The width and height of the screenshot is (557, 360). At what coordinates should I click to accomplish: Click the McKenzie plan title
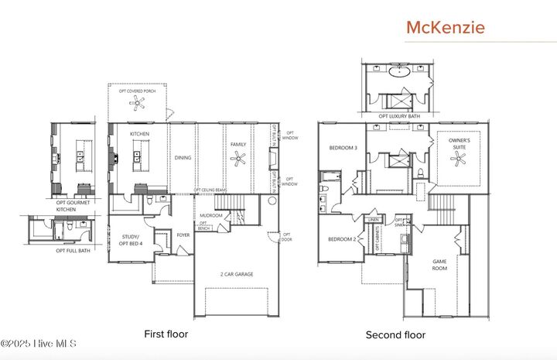point(446,27)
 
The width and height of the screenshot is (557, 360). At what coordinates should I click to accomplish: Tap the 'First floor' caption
point(166,334)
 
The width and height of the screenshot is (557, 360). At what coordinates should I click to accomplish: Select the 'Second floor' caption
point(395,335)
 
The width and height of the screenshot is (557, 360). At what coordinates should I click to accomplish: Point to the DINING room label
point(183,158)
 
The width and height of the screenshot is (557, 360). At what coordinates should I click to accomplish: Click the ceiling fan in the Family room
point(239,159)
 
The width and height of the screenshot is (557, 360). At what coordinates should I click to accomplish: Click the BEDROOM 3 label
point(343,148)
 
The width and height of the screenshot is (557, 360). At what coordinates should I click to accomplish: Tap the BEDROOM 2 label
point(341,239)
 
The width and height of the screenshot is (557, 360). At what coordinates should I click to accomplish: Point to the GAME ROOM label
point(439,265)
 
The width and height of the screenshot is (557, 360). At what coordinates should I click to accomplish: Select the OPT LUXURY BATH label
point(398,116)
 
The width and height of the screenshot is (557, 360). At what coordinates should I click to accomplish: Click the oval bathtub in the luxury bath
point(400,74)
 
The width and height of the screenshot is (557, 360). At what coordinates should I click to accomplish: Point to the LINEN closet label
point(373,219)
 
